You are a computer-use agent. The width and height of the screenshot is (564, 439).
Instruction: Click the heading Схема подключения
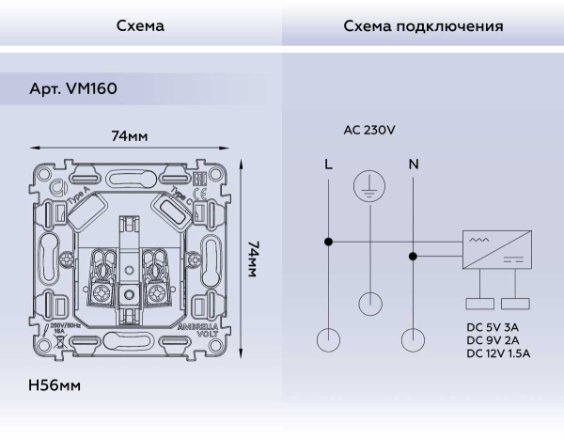[422, 26]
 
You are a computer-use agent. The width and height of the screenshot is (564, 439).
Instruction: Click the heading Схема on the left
[140, 26]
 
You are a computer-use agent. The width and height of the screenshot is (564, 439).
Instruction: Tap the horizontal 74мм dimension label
[130, 137]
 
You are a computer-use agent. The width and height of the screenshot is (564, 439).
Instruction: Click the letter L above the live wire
[327, 165]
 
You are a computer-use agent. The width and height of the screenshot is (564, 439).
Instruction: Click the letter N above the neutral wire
[413, 165]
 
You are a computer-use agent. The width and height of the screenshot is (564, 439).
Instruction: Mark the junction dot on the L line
[327, 242]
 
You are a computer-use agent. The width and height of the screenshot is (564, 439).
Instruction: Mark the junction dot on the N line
[413, 255]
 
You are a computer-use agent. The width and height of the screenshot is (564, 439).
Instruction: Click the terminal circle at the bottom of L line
[327, 338]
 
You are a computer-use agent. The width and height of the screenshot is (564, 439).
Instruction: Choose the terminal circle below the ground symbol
[370, 303]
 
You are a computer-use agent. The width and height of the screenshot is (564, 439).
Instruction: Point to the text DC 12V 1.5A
[498, 353]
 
